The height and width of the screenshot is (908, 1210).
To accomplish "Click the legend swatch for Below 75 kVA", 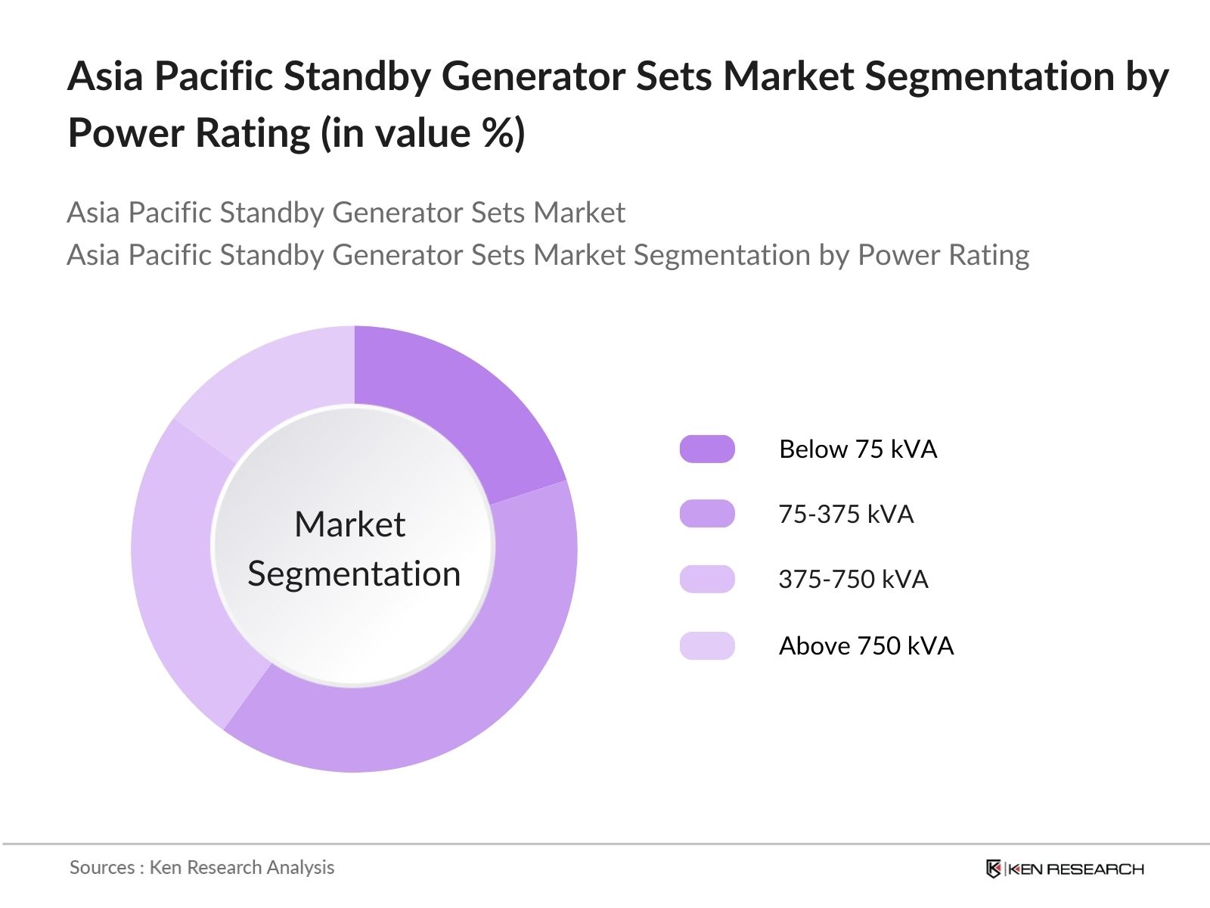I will [707, 449].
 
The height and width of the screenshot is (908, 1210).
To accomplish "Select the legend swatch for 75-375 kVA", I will [707, 515].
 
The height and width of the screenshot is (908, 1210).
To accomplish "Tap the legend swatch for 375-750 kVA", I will [707, 580].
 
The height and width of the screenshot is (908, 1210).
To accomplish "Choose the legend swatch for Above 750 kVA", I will [707, 646].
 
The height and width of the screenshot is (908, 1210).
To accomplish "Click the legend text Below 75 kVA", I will [858, 449].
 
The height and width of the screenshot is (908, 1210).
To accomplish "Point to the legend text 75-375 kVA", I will [845, 515].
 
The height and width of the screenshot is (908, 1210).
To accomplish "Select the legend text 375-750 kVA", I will [853, 580].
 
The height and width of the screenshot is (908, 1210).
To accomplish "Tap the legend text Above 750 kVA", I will [866, 646].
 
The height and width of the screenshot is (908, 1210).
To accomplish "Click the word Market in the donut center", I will [349, 524].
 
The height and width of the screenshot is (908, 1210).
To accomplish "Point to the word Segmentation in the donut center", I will [354, 574].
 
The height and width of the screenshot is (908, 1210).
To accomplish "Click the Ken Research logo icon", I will [994, 869].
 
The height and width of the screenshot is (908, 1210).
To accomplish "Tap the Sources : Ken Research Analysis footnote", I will [202, 867].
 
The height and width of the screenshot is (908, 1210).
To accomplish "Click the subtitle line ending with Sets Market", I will [346, 213].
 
